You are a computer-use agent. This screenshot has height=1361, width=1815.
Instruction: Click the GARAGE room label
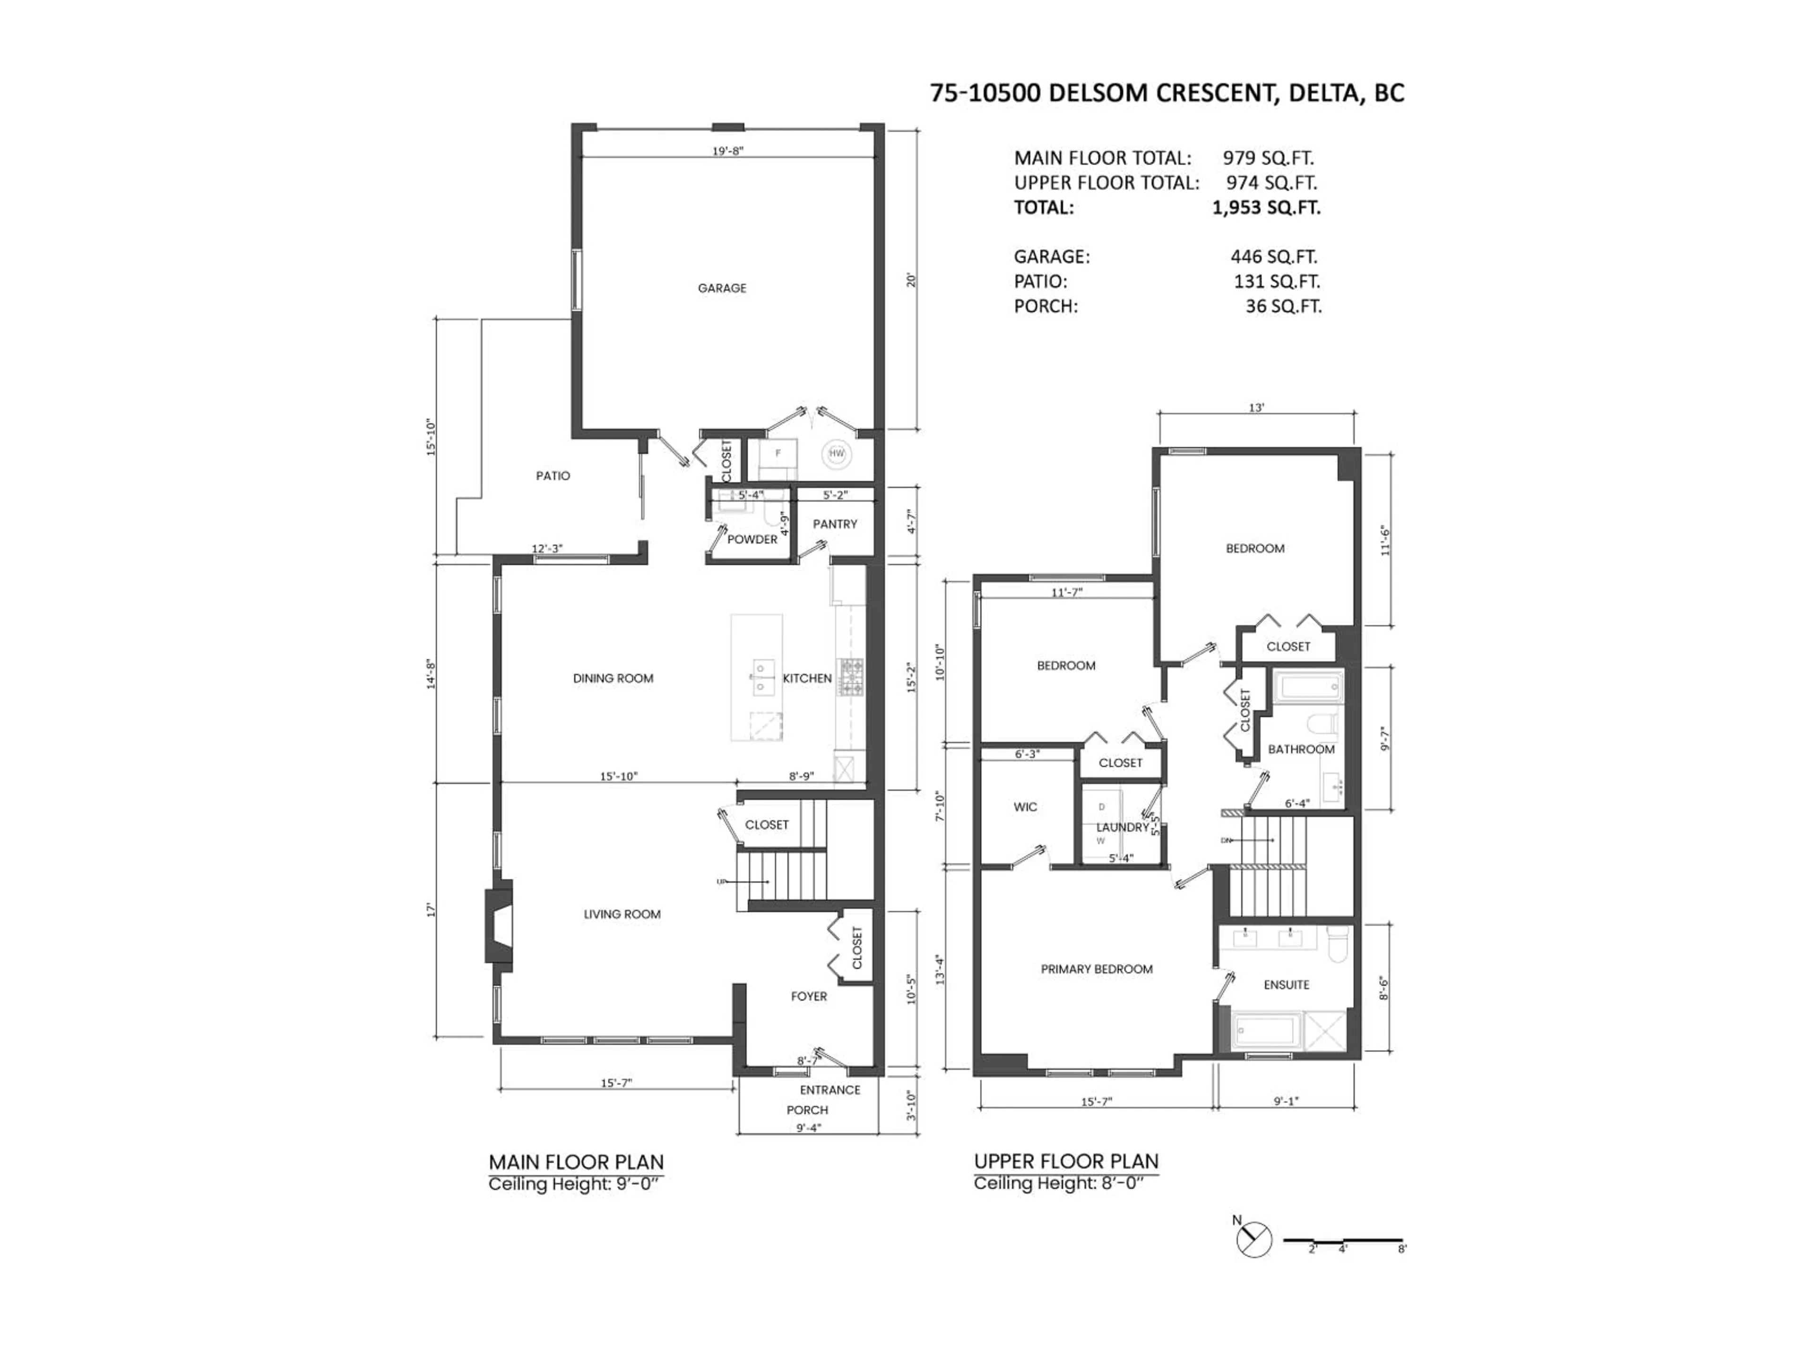[x=722, y=288]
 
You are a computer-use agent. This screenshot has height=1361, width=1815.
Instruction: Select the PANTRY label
[x=834, y=524]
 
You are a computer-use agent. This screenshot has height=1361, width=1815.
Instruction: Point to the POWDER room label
[x=752, y=539]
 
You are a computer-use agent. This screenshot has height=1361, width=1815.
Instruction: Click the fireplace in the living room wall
[x=499, y=925]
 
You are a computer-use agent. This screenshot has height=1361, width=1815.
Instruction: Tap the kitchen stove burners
[x=850, y=678]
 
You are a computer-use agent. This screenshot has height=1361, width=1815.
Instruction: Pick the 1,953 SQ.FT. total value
[x=1266, y=207]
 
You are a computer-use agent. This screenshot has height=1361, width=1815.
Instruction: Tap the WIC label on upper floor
[x=1025, y=807]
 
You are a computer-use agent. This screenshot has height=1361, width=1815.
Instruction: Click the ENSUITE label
[x=1286, y=984]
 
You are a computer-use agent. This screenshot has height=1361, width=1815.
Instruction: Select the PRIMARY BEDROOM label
[x=1096, y=969]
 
